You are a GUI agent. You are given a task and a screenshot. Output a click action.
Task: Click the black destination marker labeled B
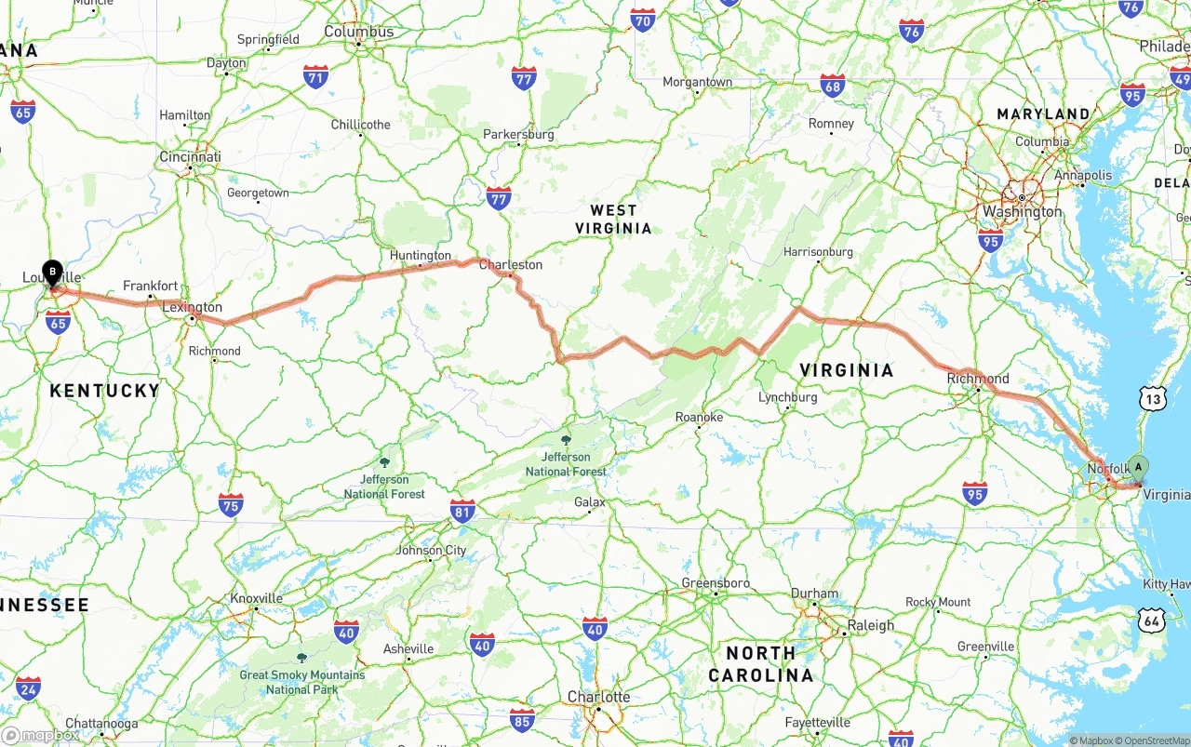click(53, 273)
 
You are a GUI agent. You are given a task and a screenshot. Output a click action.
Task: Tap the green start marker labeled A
click(1137, 468)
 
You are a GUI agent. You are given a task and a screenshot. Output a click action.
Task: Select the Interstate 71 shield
click(315, 75)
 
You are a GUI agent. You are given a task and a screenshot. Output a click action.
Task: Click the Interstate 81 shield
click(462, 510)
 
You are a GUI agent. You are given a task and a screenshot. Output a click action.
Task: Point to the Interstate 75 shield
click(231, 505)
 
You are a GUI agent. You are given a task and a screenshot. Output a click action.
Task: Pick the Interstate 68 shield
click(833, 87)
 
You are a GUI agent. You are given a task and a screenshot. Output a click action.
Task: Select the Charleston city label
click(510, 264)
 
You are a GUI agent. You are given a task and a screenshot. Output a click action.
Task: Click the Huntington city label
click(421, 255)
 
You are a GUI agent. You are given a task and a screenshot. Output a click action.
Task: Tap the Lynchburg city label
click(787, 397)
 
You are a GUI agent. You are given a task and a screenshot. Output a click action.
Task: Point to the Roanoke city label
click(699, 418)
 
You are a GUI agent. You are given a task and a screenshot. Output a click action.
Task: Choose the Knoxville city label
click(256, 598)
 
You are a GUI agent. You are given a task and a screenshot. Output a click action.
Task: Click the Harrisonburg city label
click(818, 251)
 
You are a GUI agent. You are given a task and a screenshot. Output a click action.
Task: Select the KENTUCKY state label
click(104, 391)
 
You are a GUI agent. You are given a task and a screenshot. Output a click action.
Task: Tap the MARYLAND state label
click(1043, 114)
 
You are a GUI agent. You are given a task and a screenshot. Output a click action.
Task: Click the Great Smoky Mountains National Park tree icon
click(301, 657)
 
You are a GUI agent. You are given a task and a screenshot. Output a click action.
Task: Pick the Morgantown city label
click(697, 82)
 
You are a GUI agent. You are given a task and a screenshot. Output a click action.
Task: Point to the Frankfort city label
click(150, 286)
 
